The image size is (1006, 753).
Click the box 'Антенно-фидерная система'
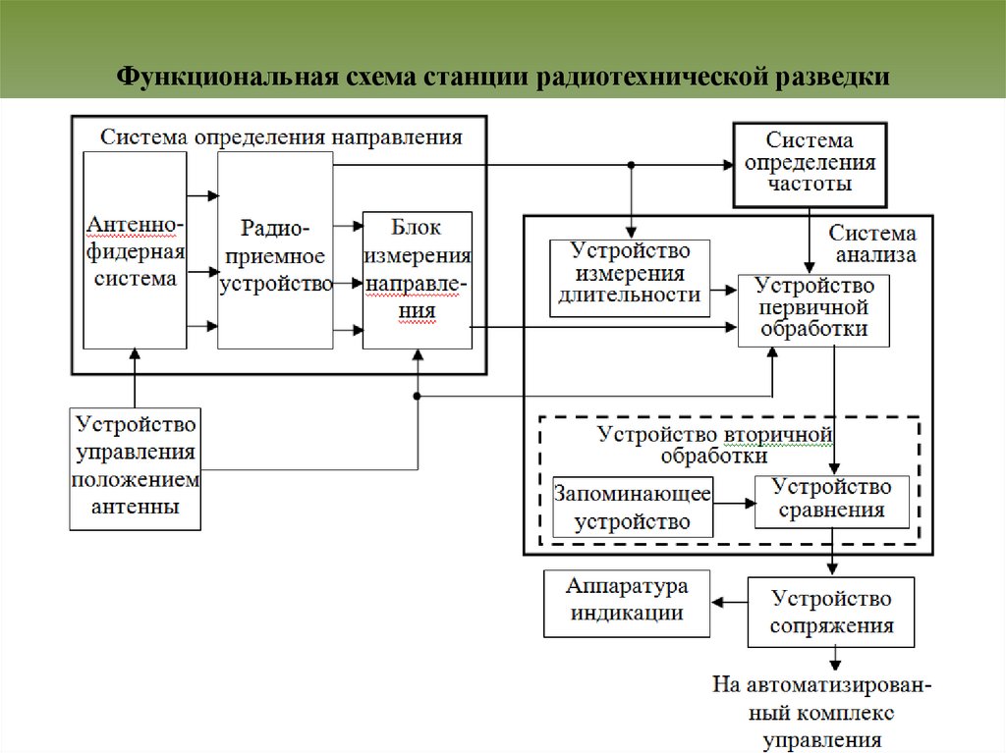coord(135,250)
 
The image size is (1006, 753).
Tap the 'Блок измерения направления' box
coord(417,279)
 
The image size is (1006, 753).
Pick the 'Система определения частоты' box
coord(810,164)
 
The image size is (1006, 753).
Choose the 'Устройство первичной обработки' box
coord(813,309)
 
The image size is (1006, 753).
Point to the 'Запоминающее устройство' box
coord(633,507)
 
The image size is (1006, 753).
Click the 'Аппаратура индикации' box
coord(627,602)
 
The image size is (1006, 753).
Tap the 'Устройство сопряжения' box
coord(831,611)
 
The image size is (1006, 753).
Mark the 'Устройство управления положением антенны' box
coord(135,467)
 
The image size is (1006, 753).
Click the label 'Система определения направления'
coord(281,136)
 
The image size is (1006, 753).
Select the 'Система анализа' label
coord(872,244)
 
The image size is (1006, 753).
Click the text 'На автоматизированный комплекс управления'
coord(821,712)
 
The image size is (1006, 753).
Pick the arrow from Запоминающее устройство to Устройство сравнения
coord(734,504)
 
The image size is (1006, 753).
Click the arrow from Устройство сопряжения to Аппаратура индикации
coord(728,603)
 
